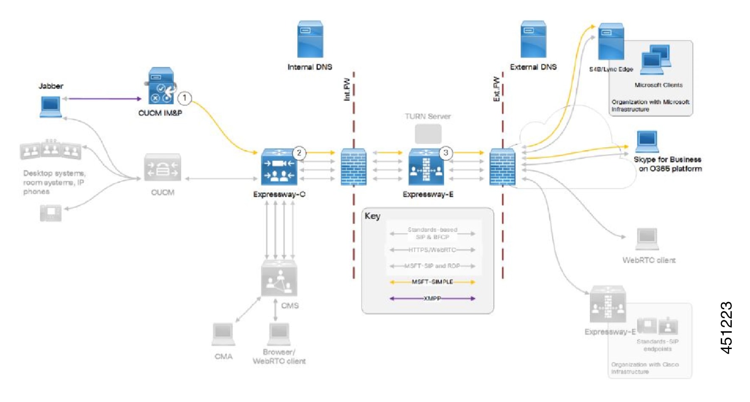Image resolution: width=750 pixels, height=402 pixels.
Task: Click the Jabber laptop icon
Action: [50, 106]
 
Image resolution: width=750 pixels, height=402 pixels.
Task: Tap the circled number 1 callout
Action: [184, 98]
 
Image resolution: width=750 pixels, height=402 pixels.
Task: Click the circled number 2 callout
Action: [299, 153]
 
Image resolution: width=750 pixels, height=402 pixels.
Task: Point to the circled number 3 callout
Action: [445, 153]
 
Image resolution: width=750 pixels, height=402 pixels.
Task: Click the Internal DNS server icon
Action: [310, 39]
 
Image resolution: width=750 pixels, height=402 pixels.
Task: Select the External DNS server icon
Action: [533, 39]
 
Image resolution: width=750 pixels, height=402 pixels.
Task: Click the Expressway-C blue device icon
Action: [279, 168]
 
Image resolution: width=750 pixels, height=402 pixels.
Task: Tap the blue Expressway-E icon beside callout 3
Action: [426, 168]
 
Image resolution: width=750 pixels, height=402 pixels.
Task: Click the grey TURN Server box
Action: [428, 134]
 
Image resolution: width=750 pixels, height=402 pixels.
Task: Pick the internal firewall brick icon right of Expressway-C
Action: [354, 167]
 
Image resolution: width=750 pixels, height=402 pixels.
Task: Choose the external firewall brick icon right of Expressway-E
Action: [502, 167]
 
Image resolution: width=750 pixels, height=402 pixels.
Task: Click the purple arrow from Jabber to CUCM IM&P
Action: [104, 99]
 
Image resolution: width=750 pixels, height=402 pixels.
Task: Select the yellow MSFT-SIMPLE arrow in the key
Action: [432, 282]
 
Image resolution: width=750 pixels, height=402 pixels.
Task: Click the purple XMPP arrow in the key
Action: [432, 298]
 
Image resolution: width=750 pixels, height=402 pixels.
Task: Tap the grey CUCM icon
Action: [162, 168]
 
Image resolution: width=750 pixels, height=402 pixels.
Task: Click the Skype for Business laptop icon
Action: [647, 141]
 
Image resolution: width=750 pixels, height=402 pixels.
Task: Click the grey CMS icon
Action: [279, 279]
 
